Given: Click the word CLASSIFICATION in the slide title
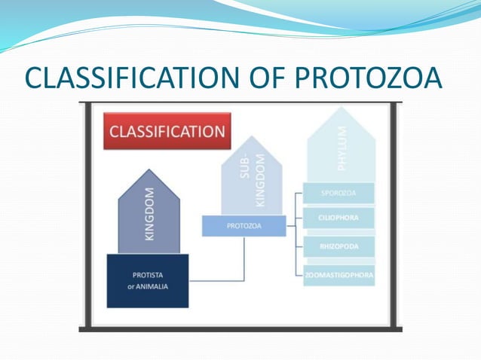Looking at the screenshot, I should [x=129, y=78].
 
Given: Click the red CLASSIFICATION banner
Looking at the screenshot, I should [x=167, y=132].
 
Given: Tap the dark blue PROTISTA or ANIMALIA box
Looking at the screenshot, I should [x=148, y=280].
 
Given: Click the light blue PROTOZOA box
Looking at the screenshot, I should [x=244, y=225].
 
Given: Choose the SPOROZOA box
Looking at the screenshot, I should [x=338, y=193].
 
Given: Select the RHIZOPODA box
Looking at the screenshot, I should [x=338, y=246].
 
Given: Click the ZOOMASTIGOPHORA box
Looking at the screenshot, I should [x=338, y=275].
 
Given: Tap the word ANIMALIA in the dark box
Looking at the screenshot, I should [x=154, y=285].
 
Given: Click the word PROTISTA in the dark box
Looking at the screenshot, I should [x=147, y=275].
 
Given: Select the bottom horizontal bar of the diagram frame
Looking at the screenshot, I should [x=241, y=328].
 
